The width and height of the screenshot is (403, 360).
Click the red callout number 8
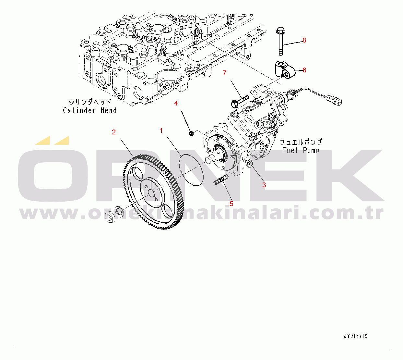point(304,40)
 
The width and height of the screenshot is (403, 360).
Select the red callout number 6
point(304,70)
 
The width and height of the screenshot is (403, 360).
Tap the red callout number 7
point(224,73)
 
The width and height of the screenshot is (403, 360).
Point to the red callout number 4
point(176,103)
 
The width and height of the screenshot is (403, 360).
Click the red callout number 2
point(114,132)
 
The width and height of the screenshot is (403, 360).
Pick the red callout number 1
point(161,130)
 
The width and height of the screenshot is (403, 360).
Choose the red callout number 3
point(264,185)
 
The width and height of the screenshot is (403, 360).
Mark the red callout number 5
point(231,204)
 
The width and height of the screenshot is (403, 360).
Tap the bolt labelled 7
point(239,100)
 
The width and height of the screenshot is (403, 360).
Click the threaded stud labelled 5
point(221,180)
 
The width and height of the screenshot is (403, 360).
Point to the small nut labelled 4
point(191,133)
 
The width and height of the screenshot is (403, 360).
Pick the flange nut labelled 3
point(249,163)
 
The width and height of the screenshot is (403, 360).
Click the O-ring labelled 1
point(191,170)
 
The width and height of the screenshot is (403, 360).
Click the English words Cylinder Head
point(90,110)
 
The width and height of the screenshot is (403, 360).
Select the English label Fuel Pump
point(301,150)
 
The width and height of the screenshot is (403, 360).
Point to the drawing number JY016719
point(356,336)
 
